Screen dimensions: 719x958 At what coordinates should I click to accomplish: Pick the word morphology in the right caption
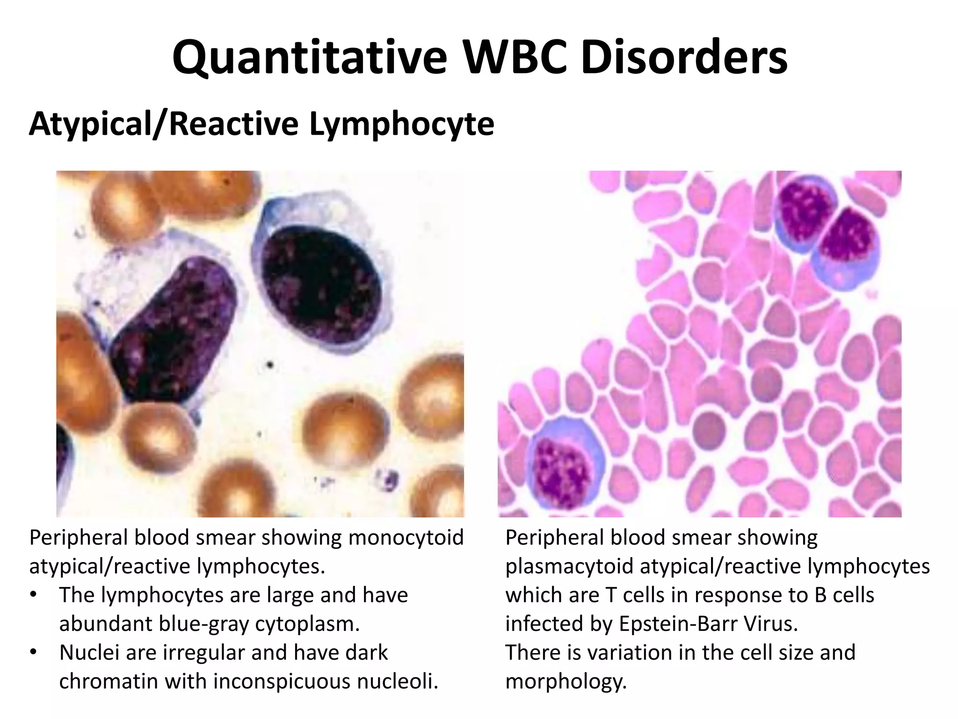coord(566,682)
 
